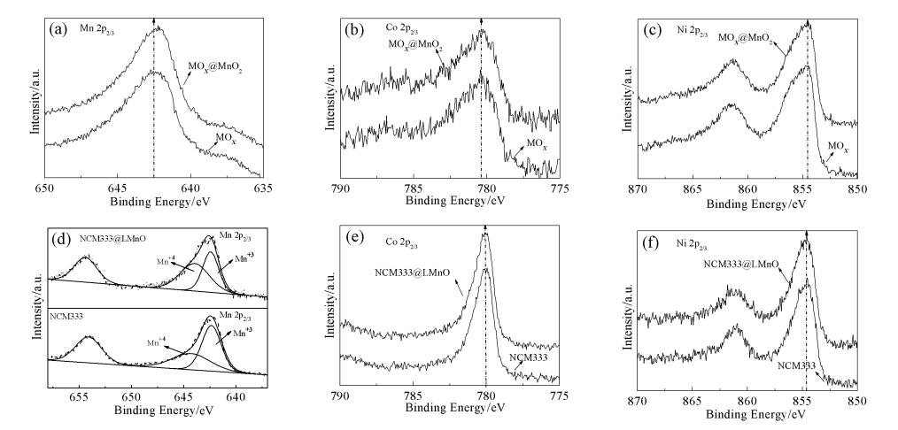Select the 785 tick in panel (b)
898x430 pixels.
click(413, 188)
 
